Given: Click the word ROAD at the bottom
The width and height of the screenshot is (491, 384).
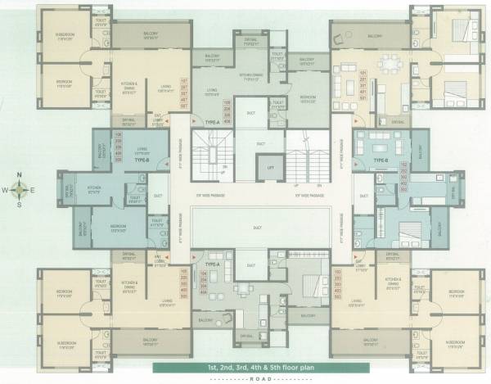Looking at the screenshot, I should click(245, 380).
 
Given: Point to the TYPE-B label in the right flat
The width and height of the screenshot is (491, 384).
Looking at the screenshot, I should click(380, 160).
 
